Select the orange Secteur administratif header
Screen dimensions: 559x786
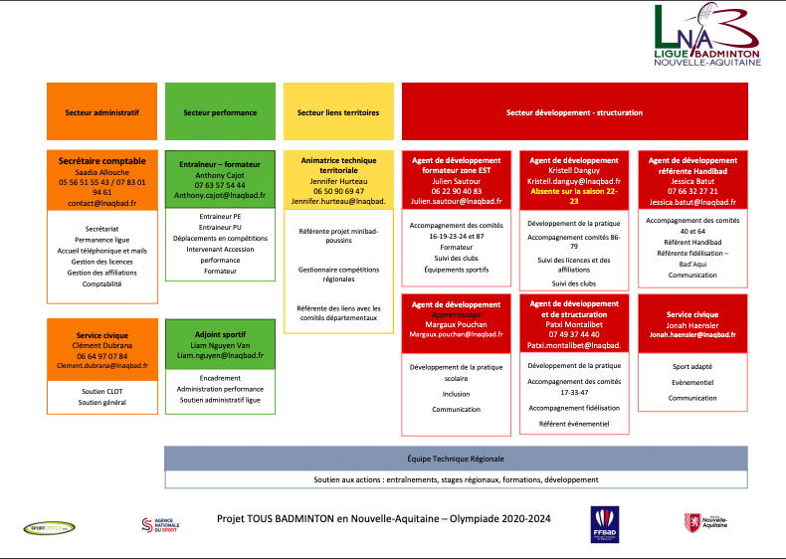tap(101, 112)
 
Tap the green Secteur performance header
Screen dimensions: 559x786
tap(220, 112)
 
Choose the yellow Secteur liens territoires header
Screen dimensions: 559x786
tap(338, 112)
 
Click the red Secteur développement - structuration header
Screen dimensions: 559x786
tap(574, 112)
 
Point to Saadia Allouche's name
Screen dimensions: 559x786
tap(101, 171)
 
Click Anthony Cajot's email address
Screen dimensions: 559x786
tap(220, 196)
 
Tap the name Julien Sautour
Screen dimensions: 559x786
tap(456, 181)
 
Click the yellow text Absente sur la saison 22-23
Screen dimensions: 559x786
tap(574, 196)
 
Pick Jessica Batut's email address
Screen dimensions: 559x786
tap(692, 201)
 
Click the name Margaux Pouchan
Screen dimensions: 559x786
tap(456, 324)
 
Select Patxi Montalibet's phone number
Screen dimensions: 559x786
tap(574, 334)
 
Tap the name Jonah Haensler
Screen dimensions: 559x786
tap(692, 324)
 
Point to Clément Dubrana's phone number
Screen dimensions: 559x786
tap(101, 355)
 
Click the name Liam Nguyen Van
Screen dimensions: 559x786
tap(220, 344)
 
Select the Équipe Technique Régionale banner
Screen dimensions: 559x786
tap(456, 459)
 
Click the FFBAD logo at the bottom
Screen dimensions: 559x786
tap(604, 522)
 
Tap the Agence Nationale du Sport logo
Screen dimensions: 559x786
tap(160, 524)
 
